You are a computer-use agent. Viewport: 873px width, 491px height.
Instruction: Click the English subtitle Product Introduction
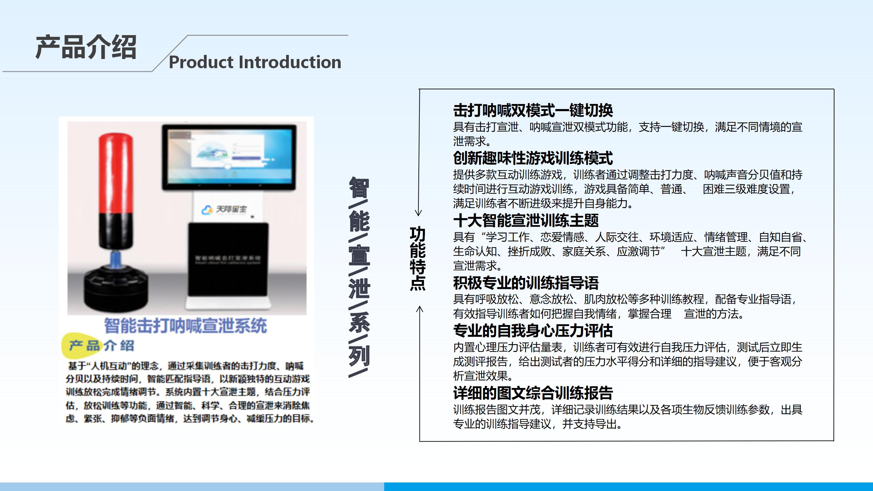click(x=255, y=62)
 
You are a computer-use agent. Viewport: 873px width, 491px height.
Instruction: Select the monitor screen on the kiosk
click(x=229, y=157)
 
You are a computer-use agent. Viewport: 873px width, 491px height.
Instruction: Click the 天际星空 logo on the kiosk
click(x=225, y=209)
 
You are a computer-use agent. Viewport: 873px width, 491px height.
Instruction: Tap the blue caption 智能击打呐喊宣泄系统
click(x=186, y=326)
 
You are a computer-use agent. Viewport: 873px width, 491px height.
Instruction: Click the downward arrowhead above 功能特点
click(x=419, y=213)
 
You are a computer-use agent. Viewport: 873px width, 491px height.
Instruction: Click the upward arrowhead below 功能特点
click(x=419, y=309)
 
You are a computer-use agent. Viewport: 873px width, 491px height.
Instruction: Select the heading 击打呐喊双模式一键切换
click(x=533, y=110)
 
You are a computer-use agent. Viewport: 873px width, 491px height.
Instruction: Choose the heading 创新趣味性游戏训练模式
click(x=533, y=158)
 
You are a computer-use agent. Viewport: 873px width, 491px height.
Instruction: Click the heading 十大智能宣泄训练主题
click(x=526, y=221)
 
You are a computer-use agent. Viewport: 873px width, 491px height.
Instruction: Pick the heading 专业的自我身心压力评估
click(x=533, y=331)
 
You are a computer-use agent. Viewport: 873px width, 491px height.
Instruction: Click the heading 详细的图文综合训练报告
click(x=533, y=393)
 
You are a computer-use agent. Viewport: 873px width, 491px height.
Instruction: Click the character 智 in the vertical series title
click(x=359, y=188)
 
